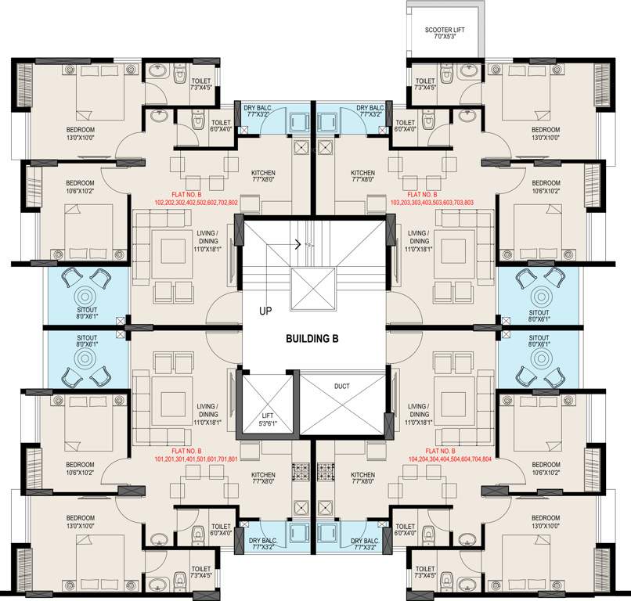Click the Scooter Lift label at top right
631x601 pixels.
click(x=445, y=33)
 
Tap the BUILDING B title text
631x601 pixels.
click(x=314, y=339)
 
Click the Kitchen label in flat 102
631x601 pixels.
click(x=263, y=175)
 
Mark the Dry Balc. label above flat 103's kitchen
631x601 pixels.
click(x=370, y=111)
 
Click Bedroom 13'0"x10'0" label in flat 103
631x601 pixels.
click(x=546, y=133)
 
